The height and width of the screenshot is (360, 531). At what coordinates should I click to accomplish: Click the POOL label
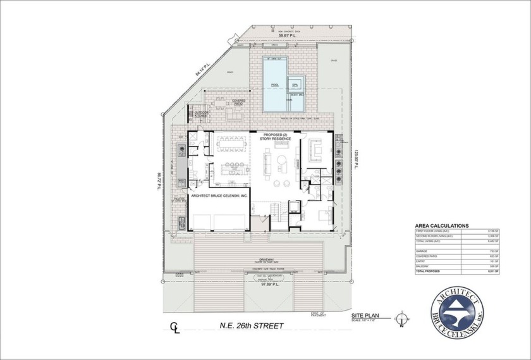275,84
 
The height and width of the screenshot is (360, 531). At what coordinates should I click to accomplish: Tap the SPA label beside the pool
295,84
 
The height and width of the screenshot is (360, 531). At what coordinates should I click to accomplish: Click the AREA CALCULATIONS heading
441,225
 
